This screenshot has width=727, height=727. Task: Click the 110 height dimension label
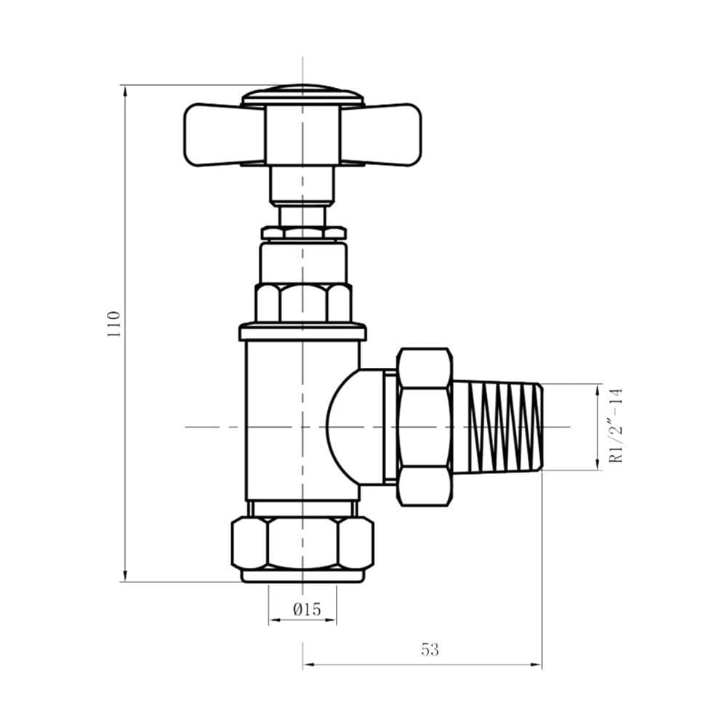pos(114,324)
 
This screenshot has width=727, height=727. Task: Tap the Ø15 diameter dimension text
pos(307,609)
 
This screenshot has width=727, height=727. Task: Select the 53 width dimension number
pos(430,649)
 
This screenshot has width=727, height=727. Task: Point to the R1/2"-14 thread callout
pos(616,425)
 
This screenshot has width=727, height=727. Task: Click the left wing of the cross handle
pos(225,134)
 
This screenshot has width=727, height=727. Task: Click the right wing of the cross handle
pos(381,134)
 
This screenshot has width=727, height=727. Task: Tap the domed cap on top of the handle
pos(302,95)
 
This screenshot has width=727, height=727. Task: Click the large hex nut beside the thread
pos(425,427)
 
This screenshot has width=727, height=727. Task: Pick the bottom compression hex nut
pos(302,543)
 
